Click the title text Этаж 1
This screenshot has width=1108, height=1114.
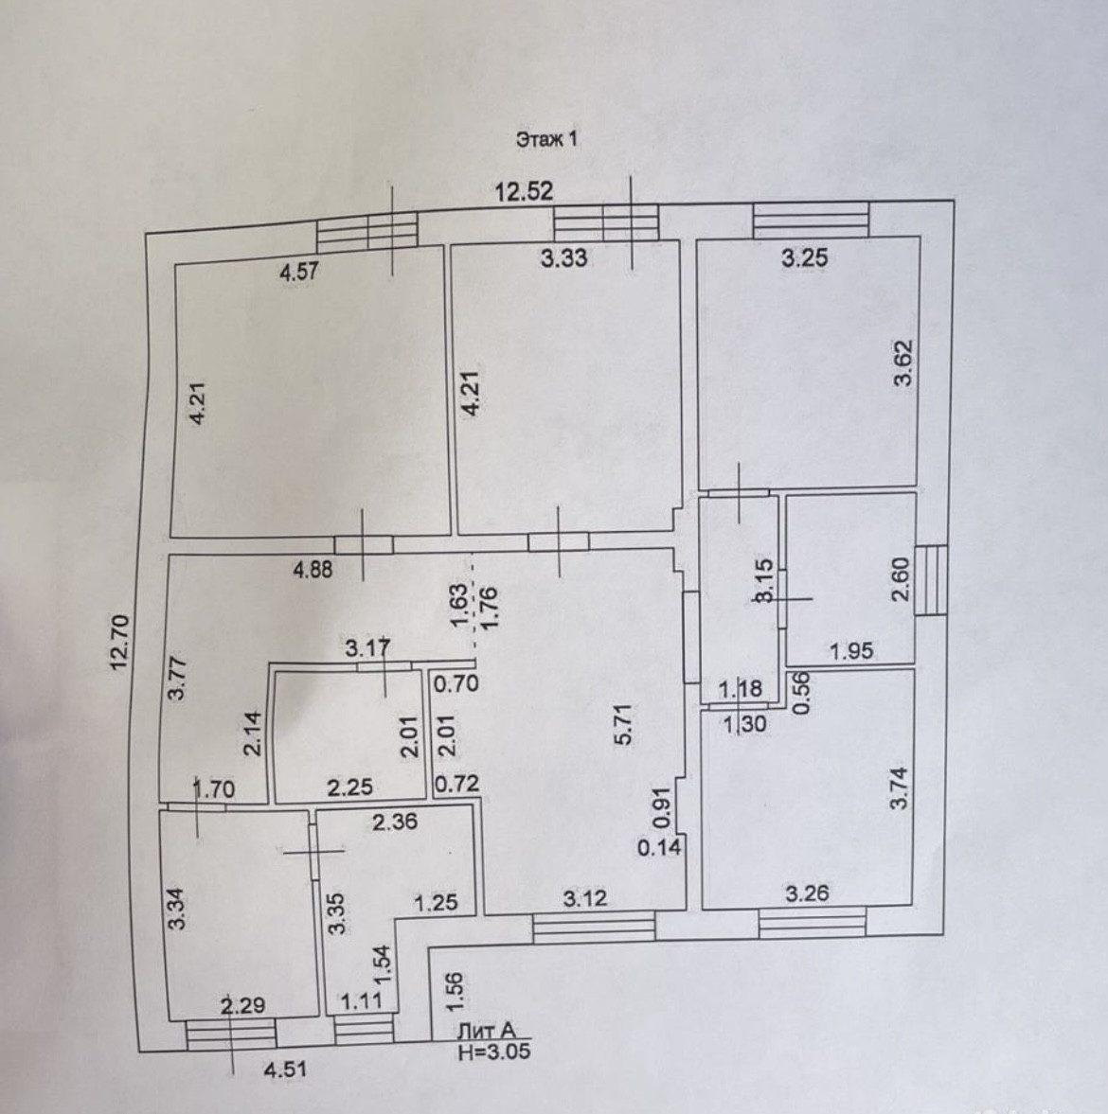click(546, 139)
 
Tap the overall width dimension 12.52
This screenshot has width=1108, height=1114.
click(524, 192)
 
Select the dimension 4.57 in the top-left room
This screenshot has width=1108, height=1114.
click(298, 272)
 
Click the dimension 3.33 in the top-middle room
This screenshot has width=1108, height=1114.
click(563, 256)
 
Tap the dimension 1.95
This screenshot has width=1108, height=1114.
click(851, 651)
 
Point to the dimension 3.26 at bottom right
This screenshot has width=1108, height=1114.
click(806, 892)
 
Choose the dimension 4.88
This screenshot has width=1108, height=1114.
click(314, 571)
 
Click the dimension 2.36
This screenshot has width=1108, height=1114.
click(394, 823)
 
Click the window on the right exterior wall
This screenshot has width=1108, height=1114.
click(930, 580)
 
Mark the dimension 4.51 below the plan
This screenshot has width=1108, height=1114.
click(286, 1070)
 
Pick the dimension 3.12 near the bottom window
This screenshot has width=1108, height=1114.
click(585, 899)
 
